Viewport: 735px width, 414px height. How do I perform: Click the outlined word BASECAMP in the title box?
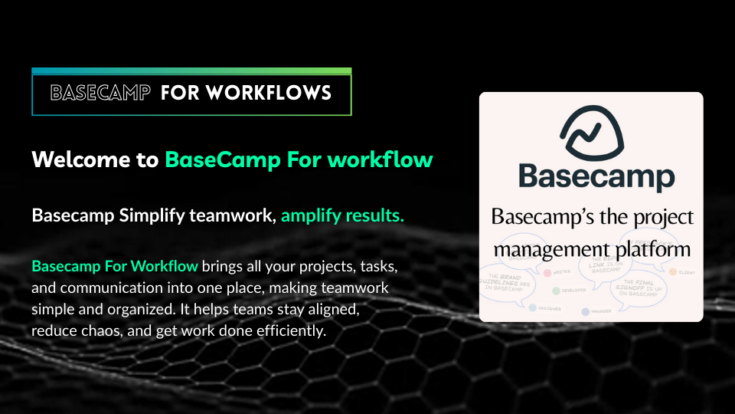pyautogui.click(x=100, y=94)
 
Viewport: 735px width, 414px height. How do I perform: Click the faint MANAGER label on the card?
pyautogui.click(x=605, y=312)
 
